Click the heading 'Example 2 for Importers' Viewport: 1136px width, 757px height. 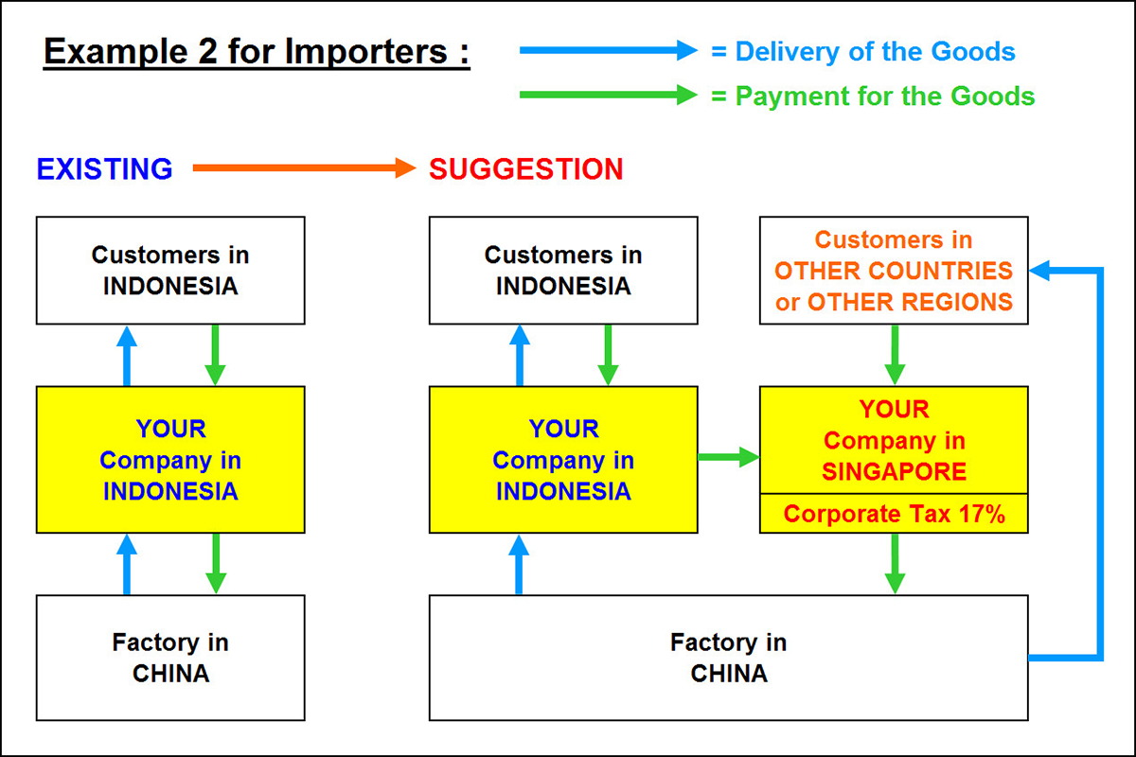tap(257, 51)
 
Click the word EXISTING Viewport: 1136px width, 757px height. tap(104, 169)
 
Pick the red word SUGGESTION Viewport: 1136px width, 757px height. tap(525, 169)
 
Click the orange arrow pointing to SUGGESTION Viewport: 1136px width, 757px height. tap(303, 169)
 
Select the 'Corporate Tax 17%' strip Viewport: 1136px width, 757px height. tap(894, 514)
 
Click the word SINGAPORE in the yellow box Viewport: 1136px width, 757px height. tap(894, 471)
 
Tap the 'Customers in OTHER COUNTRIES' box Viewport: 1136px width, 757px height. tap(894, 271)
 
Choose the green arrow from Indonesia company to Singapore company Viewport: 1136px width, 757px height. tap(729, 458)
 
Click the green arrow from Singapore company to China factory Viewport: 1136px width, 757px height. tap(894, 564)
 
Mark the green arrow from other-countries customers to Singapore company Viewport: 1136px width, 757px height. tap(894, 355)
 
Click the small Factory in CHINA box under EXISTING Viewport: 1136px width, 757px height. tap(170, 658)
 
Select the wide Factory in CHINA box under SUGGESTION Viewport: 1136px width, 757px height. tap(728, 658)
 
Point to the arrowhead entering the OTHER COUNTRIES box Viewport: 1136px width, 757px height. tap(1039, 272)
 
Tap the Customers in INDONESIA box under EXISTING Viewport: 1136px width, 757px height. tap(170, 271)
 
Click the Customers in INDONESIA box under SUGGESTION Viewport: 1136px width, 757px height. tap(563, 271)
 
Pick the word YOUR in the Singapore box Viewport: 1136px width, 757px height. tap(894, 410)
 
